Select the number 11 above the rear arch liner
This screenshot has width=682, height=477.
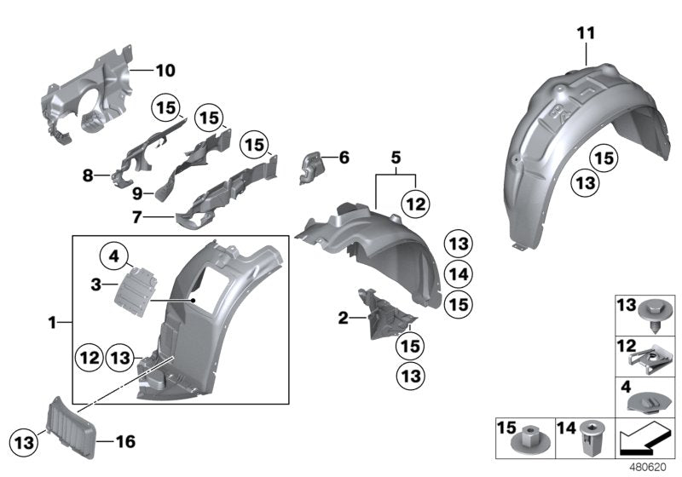click(x=584, y=33)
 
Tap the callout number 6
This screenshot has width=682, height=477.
click(x=344, y=158)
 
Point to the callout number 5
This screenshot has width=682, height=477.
click(x=395, y=158)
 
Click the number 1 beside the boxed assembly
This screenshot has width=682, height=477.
click(x=53, y=323)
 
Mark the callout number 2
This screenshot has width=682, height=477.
click(x=343, y=319)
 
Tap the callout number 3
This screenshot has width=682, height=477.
click(x=96, y=282)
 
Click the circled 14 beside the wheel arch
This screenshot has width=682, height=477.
click(x=459, y=273)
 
